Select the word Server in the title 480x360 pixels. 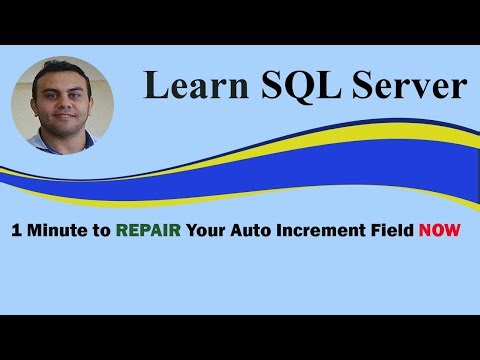406,86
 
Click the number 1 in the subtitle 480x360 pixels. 16,229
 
